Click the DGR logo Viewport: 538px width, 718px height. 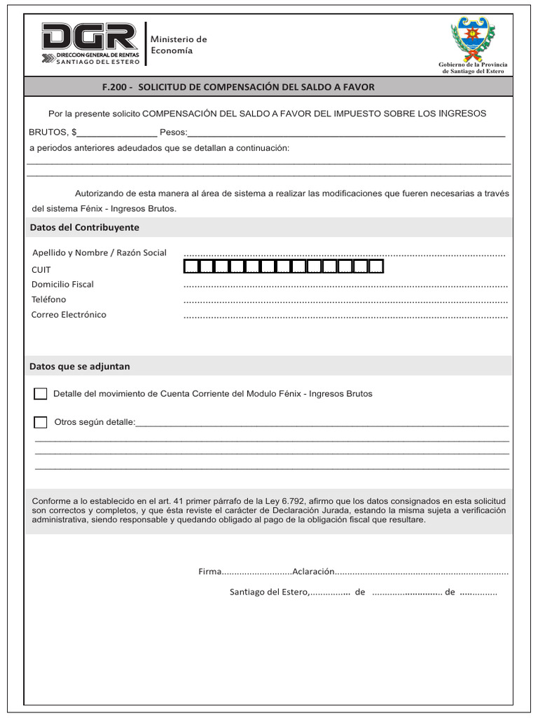[x=90, y=43]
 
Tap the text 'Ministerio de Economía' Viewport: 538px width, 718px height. [x=179, y=45]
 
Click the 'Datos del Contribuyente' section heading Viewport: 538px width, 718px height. [x=84, y=228]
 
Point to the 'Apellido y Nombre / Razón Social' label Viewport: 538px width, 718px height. [x=99, y=252]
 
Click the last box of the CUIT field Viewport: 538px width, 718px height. [x=376, y=266]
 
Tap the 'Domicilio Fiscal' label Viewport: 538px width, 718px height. [x=62, y=285]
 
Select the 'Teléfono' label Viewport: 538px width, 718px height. [x=49, y=299]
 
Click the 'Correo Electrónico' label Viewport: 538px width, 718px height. [x=69, y=315]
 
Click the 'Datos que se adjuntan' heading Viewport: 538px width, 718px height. [x=79, y=367]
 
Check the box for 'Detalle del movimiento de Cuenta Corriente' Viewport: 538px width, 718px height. [x=41, y=394]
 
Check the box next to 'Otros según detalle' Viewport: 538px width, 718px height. [x=41, y=422]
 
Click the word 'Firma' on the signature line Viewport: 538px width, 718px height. [x=209, y=572]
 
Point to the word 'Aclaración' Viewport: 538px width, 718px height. [x=314, y=572]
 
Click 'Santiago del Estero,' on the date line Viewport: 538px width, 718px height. [x=269, y=592]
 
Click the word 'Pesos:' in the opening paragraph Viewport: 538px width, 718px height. [x=174, y=132]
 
